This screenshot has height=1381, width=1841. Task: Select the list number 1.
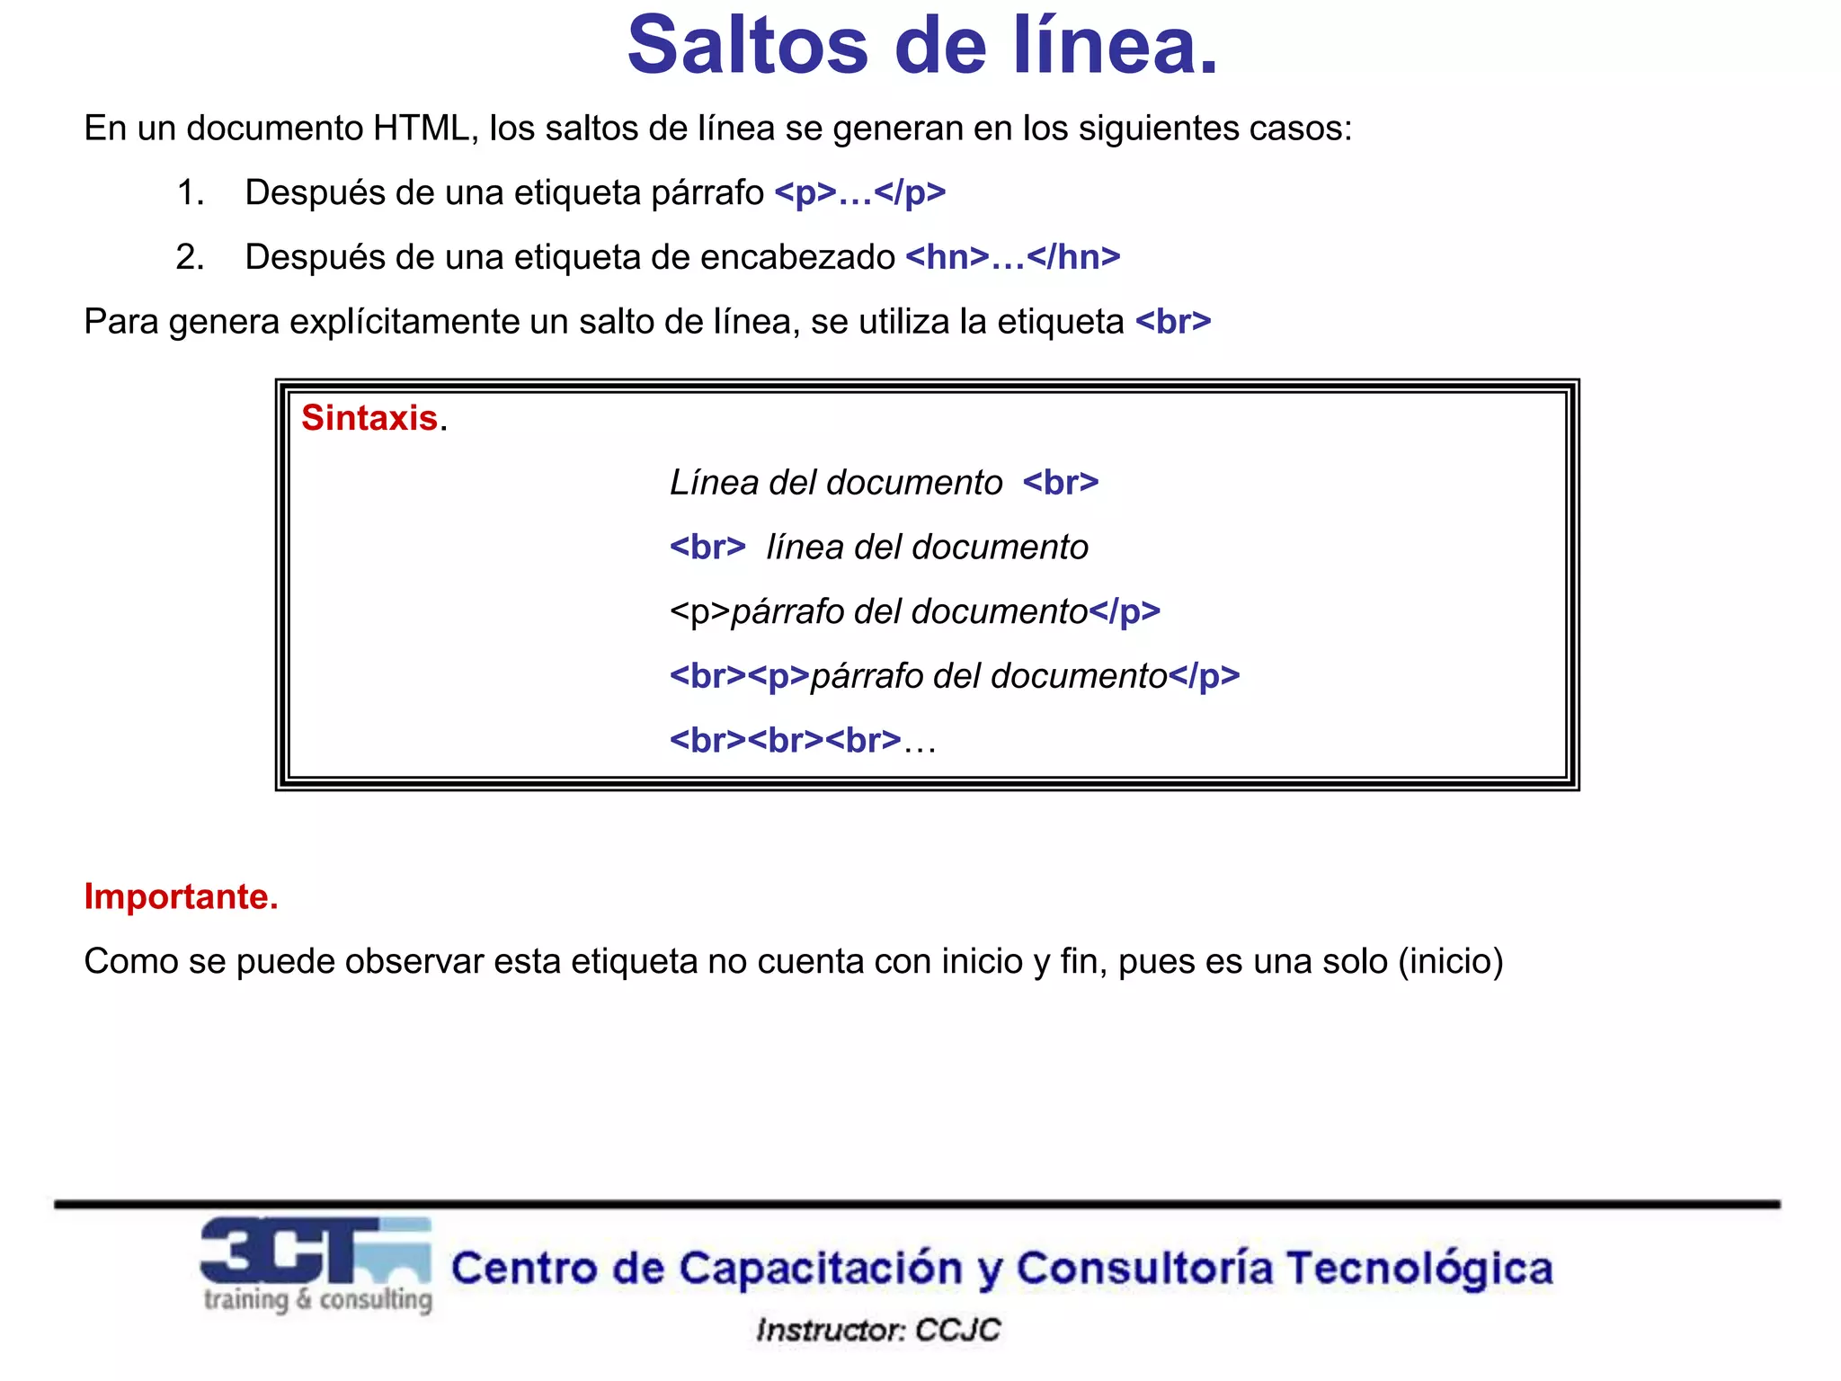pos(190,193)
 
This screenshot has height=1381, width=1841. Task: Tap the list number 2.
pos(190,258)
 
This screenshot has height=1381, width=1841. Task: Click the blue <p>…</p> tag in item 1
pos(860,193)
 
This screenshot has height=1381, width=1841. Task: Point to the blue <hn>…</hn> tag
pos(1013,258)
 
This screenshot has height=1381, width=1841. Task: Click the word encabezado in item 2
pos(797,258)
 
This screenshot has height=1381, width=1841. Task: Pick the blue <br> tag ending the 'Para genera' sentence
pos(1174,322)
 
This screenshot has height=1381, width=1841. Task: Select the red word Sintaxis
pos(369,418)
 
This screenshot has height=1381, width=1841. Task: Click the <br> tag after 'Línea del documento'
pos(1061,483)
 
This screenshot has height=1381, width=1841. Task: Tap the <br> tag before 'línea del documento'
pos(707,548)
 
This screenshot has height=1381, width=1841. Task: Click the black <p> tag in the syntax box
pos(700,612)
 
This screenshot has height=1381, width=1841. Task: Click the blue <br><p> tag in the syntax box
pos(739,676)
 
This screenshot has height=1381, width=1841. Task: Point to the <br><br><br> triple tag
pos(785,741)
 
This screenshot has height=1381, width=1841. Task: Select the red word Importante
pos(181,897)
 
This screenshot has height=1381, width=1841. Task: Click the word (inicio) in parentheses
pos(1450,962)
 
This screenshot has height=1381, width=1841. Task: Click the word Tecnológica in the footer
pos(1419,1269)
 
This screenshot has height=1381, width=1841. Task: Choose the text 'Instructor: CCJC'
pos(878,1330)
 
